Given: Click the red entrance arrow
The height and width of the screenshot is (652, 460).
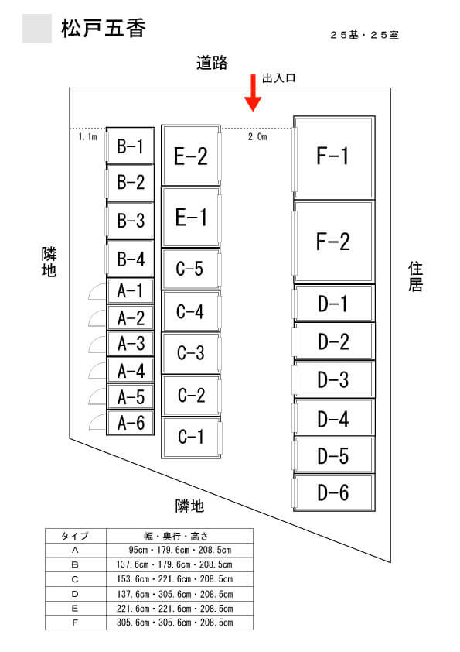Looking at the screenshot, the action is click(253, 93).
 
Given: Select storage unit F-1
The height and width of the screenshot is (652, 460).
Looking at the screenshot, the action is click(334, 158).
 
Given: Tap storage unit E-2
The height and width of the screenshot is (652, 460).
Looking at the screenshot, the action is click(191, 156).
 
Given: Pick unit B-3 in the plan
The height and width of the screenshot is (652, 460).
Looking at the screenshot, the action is click(131, 221).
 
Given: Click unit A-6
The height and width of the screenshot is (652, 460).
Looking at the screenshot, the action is click(131, 423).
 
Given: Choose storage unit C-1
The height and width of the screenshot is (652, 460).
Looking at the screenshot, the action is click(191, 438).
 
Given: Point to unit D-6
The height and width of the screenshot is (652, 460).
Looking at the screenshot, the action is click(334, 492).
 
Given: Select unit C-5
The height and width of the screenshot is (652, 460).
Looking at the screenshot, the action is click(191, 269).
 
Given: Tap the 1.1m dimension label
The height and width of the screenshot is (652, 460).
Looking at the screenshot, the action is click(87, 136).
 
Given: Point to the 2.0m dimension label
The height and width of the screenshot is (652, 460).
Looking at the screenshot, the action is click(257, 136).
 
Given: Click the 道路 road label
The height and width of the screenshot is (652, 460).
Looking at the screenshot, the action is click(212, 63).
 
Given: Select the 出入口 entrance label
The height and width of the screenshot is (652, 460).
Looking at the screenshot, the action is click(278, 77).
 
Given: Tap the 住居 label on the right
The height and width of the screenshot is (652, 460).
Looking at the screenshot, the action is click(415, 276).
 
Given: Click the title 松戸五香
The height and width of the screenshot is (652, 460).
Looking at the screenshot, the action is click(104, 29).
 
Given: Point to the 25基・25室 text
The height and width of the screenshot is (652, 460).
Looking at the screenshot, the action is click(364, 35).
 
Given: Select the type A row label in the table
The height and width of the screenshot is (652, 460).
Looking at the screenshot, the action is click(75, 550).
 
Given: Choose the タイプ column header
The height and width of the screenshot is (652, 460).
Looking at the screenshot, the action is click(75, 536).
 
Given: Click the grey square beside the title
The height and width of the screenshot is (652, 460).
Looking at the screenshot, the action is click(37, 29).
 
